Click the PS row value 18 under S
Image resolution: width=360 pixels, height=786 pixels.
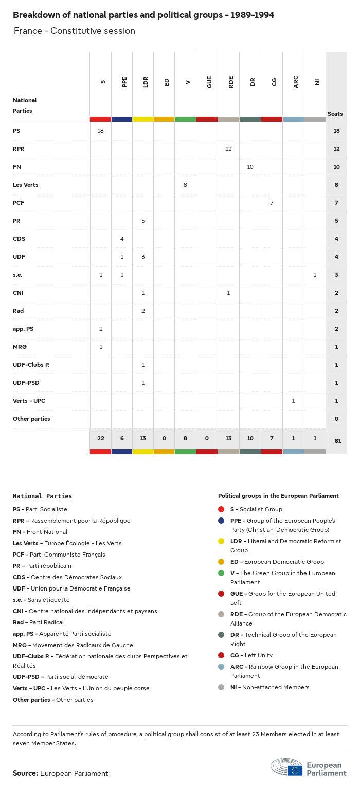pyautogui.click(x=101, y=131)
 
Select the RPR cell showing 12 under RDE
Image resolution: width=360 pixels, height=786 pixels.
pyautogui.click(x=229, y=149)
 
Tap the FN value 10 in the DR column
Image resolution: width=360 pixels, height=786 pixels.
pyautogui.click(x=250, y=167)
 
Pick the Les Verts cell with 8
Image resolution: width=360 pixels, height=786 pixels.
pyautogui.click(x=185, y=185)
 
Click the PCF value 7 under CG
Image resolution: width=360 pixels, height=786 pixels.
pyautogui.click(x=272, y=203)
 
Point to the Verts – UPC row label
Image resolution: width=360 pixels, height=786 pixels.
pyautogui.click(x=29, y=401)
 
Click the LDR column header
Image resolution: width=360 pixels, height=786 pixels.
pyautogui.click(x=146, y=82)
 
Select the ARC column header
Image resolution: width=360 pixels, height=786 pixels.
pyautogui.click(x=296, y=82)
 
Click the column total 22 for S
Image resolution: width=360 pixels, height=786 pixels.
pyautogui.click(x=101, y=438)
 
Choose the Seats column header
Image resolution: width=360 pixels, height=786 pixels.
pyautogui.click(x=335, y=114)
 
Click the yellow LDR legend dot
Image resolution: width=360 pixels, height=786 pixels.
pyautogui.click(x=221, y=541)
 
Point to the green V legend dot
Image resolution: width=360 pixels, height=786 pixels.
pyautogui.click(x=221, y=573)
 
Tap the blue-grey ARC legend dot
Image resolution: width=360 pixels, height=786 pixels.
pyautogui.click(x=221, y=667)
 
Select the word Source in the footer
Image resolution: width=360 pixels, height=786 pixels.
pyautogui.click(x=25, y=773)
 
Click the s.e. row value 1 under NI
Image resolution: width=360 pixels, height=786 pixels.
pyautogui.click(x=315, y=275)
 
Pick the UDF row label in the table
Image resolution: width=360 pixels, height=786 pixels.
pyautogui.click(x=19, y=257)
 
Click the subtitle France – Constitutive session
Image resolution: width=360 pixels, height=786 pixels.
pyautogui.click(x=75, y=31)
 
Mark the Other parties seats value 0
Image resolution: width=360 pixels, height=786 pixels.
pyautogui.click(x=336, y=419)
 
